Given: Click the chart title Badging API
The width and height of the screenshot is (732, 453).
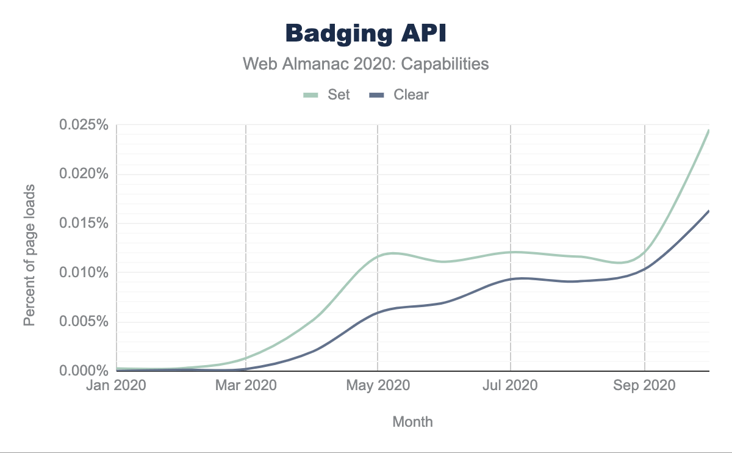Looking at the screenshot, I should (366, 34).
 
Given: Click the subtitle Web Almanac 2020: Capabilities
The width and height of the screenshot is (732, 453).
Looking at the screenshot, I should (366, 63).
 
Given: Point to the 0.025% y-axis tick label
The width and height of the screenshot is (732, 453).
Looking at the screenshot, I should (84, 125).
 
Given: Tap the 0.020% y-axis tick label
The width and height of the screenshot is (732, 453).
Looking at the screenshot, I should (84, 174).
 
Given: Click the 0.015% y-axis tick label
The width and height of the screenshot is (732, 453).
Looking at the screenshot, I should (84, 223).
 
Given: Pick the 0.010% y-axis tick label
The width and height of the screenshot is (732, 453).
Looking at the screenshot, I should (84, 272).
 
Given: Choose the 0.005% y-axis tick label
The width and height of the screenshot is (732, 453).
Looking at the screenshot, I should (84, 322).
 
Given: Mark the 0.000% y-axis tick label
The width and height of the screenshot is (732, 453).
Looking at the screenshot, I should (84, 371).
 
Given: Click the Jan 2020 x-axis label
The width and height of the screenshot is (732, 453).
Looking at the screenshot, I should (116, 386).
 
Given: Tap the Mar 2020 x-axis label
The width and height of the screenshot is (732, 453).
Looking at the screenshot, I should (246, 386).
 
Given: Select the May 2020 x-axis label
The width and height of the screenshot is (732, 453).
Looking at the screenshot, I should (378, 386).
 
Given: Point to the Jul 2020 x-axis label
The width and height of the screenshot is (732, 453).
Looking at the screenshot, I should (511, 386).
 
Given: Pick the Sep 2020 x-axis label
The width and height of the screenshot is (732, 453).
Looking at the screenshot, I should (645, 386).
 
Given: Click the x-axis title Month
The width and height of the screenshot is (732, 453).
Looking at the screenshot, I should (412, 421).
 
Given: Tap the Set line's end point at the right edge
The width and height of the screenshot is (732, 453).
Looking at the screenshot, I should (708, 130).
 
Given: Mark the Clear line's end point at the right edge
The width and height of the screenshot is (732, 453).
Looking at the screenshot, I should (708, 211).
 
